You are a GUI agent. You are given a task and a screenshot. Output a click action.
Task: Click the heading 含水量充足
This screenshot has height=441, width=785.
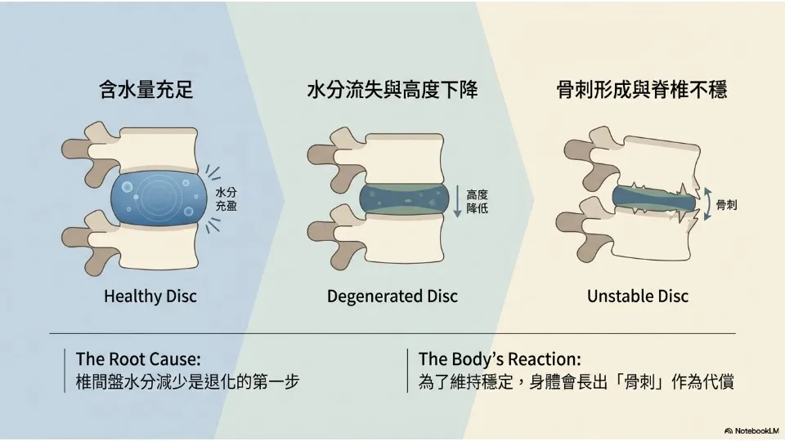tap(146, 90)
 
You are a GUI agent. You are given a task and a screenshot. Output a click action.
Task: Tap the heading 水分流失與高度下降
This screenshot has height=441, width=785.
tap(392, 90)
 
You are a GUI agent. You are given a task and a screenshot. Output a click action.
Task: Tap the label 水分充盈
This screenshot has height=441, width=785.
tap(226, 199)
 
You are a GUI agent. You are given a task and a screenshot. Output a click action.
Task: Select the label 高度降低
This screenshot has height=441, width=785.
tap(477, 202)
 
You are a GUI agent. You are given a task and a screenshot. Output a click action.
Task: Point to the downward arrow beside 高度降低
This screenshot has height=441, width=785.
tap(457, 202)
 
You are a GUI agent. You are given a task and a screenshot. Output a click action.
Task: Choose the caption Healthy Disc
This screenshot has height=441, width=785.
tap(150, 296)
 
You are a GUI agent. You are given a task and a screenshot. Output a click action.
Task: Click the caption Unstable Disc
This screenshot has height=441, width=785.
tap(638, 296)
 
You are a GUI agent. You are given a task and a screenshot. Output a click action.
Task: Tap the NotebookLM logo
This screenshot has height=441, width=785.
tap(751, 430)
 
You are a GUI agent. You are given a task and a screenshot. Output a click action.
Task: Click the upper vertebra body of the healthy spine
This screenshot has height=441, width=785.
tap(156, 147)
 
